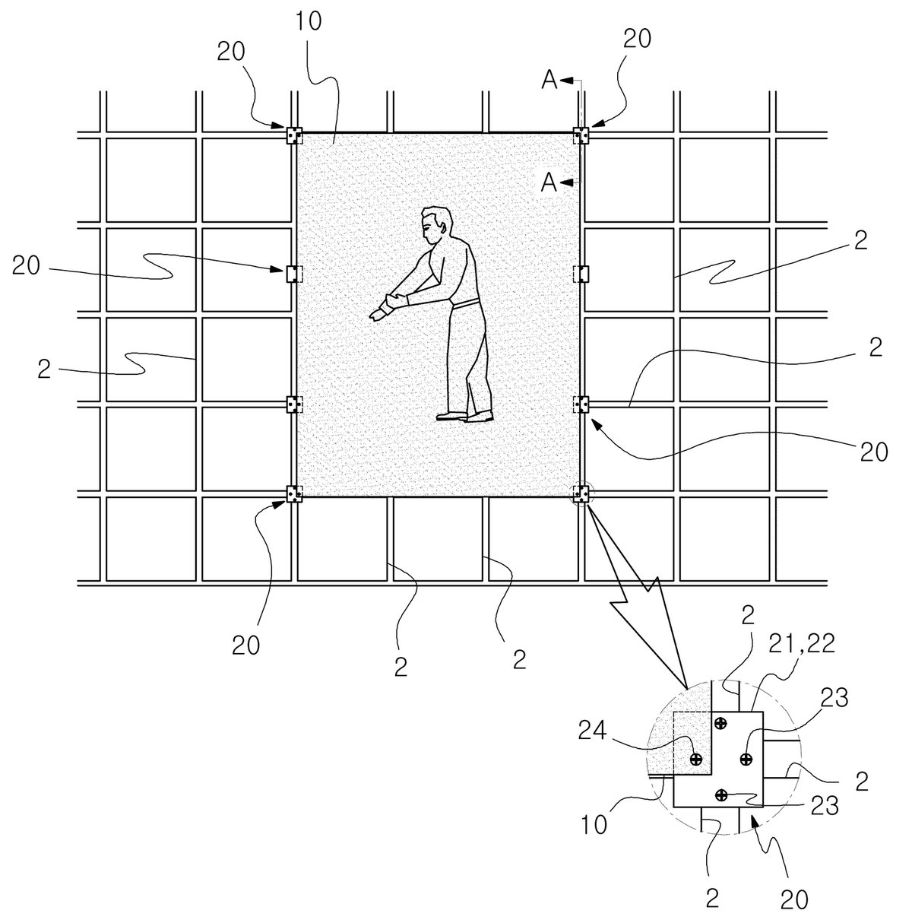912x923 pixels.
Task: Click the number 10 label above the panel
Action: click(309, 21)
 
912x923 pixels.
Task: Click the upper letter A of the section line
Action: click(550, 80)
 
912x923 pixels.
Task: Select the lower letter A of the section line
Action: click(549, 182)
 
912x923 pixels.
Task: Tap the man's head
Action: click(436, 225)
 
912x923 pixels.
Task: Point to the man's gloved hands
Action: click(389, 306)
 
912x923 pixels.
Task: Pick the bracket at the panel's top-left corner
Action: click(295, 135)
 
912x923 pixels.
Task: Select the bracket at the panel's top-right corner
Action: click(581, 135)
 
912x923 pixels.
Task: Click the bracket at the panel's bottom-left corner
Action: click(295, 493)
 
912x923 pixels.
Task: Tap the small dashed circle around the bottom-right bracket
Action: click(581, 482)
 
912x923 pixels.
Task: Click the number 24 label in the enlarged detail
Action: click(593, 731)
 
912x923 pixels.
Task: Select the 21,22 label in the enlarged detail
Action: click(801, 644)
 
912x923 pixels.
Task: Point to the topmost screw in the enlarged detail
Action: click(720, 723)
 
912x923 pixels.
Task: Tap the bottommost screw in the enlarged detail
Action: click(721, 795)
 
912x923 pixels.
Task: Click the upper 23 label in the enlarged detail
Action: click(834, 699)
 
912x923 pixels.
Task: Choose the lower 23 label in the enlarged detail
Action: click(825, 806)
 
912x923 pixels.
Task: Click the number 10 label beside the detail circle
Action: click(594, 825)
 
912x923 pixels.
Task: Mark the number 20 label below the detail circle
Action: click(795, 899)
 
